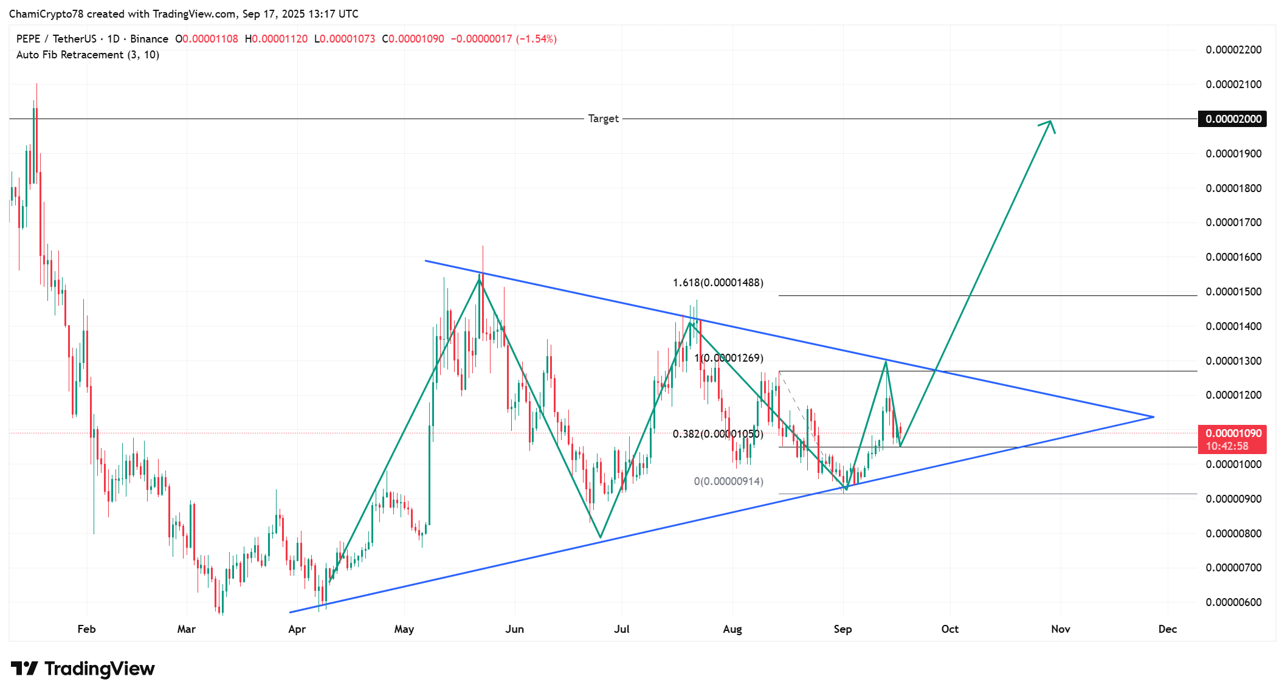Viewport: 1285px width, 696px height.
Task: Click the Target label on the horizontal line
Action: click(x=603, y=119)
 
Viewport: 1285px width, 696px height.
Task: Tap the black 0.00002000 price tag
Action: click(x=1233, y=119)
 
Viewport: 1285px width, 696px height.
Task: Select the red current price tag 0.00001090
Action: click(x=1233, y=433)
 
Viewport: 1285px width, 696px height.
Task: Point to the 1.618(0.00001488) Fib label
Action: click(x=718, y=283)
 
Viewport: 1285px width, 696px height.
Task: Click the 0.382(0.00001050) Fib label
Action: click(x=718, y=434)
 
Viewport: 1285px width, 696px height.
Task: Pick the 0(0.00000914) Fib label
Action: click(x=728, y=481)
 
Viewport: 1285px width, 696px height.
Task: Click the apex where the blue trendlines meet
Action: click(x=1153, y=417)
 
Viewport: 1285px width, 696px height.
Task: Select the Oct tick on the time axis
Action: click(x=949, y=629)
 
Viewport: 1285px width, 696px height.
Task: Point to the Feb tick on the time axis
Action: click(x=86, y=629)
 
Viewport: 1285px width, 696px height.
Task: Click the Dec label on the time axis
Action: click(x=1167, y=629)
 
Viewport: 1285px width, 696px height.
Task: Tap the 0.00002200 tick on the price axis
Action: click(x=1233, y=50)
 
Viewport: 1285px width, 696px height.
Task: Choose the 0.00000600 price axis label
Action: click(x=1233, y=602)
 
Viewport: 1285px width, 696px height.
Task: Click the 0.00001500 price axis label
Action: click(x=1233, y=292)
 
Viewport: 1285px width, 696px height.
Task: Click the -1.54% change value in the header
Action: click(x=536, y=39)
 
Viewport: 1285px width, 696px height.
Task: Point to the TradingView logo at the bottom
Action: click(x=83, y=669)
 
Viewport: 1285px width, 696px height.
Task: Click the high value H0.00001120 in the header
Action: click(x=277, y=39)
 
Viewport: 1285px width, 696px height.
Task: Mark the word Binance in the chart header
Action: click(x=149, y=39)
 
